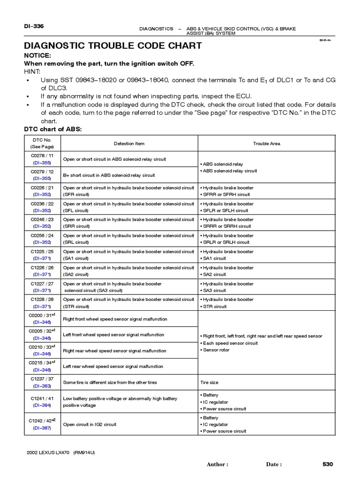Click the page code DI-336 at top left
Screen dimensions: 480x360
[33, 26]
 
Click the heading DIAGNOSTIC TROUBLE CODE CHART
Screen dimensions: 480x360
[112, 45]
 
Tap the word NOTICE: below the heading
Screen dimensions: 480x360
[38, 55]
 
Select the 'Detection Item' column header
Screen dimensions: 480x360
[129, 143]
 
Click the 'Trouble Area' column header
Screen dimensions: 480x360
[266, 143]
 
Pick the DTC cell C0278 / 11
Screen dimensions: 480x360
[42, 155]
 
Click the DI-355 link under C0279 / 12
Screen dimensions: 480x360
[42, 179]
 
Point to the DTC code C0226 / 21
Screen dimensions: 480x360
[42, 187]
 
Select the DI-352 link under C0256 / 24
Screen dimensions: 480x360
[42, 242]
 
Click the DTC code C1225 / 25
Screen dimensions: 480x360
[42, 252]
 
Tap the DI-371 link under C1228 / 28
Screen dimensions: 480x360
[42, 307]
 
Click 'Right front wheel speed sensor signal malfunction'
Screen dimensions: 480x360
[115, 319]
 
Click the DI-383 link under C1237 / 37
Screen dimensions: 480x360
[42, 386]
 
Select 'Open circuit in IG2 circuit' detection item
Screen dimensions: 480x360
[90, 424]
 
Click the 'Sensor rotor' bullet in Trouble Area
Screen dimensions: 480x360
[216, 350]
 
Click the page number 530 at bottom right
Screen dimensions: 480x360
[327, 464]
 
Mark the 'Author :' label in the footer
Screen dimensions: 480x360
[217, 465]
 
